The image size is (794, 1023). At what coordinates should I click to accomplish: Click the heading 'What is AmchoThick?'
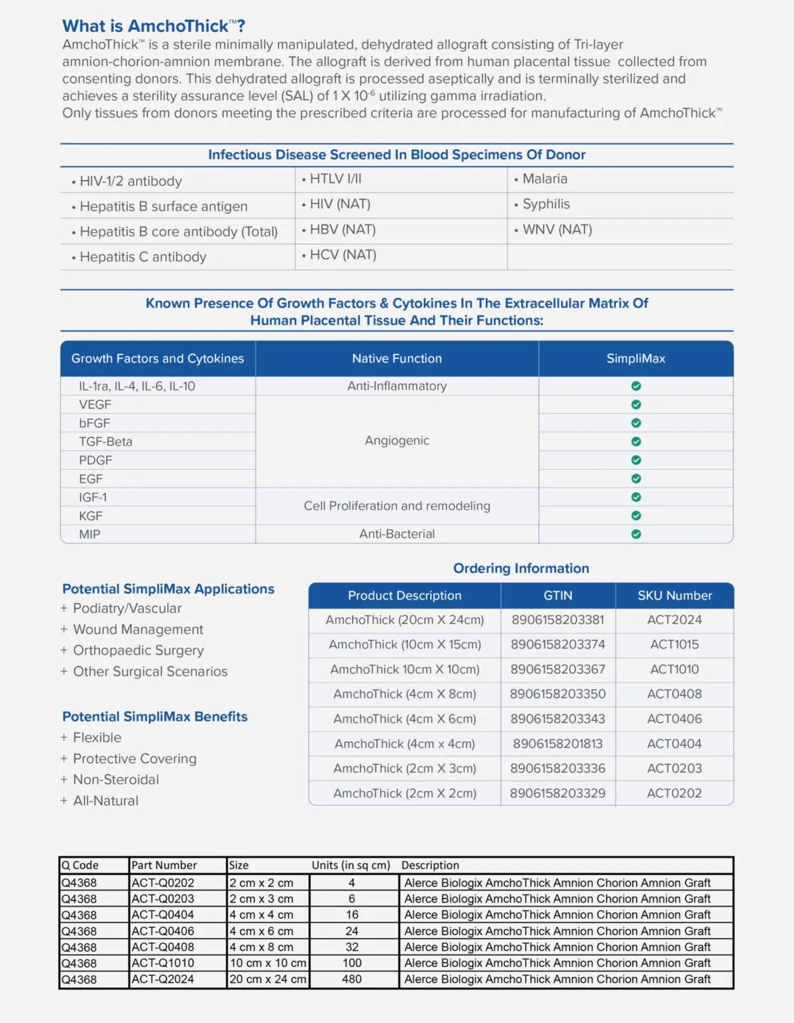[x=154, y=26]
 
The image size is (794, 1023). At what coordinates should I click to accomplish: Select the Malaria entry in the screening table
[x=544, y=178]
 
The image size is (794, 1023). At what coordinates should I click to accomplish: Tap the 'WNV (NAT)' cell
[x=556, y=229]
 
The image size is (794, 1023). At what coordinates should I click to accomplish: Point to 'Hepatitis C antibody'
[x=142, y=256]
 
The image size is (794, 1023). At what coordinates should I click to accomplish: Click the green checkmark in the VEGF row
[x=636, y=404]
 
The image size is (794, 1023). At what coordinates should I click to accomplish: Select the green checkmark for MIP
[x=636, y=533]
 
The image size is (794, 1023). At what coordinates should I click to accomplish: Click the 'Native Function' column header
[x=397, y=358]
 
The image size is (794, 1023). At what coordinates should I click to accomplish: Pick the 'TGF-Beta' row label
[x=106, y=442]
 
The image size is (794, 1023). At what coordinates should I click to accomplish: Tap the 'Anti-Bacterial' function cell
[x=397, y=533]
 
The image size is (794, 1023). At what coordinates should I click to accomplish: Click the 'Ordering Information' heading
[x=521, y=568]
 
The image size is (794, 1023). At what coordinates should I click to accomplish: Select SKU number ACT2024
[x=674, y=619]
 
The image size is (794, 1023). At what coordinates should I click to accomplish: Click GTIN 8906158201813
[x=558, y=743]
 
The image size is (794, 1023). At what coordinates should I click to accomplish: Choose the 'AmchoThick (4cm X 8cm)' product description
[x=405, y=694]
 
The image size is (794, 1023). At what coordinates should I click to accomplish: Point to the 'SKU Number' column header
[x=674, y=595]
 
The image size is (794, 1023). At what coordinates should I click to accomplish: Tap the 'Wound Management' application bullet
[x=138, y=629]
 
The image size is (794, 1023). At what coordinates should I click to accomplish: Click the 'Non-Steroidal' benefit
[x=116, y=779]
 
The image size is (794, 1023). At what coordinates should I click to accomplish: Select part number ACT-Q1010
[x=163, y=963]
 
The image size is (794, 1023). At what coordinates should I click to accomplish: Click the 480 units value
[x=351, y=979]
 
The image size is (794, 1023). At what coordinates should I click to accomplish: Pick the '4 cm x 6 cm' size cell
[x=262, y=931]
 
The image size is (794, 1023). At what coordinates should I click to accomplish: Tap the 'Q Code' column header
[x=81, y=865]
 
